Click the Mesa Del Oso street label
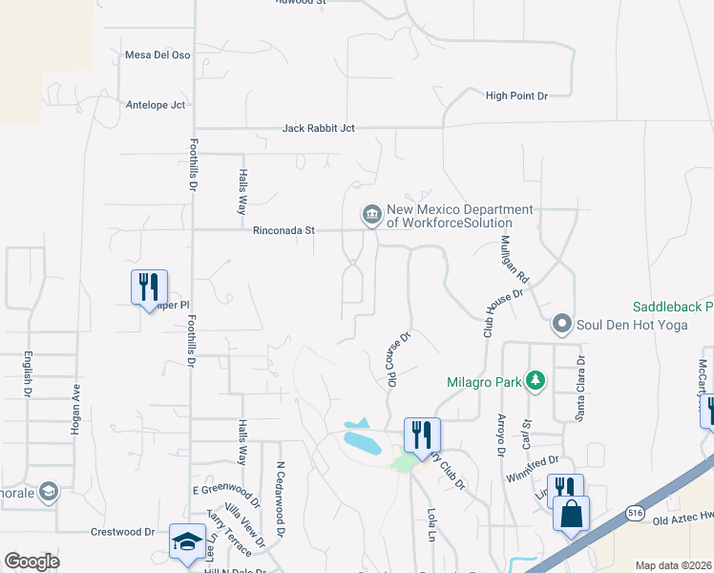(158, 54)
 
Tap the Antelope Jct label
(156, 105)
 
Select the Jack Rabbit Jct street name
(318, 128)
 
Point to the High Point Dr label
(516, 95)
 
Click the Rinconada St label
(283, 230)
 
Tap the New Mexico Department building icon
(371, 215)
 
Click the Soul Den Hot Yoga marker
(562, 325)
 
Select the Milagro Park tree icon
(535, 382)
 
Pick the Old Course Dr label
(398, 358)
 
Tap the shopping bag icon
(571, 513)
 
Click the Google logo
(32, 562)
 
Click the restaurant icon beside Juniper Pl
(149, 286)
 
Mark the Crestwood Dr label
(122, 531)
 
